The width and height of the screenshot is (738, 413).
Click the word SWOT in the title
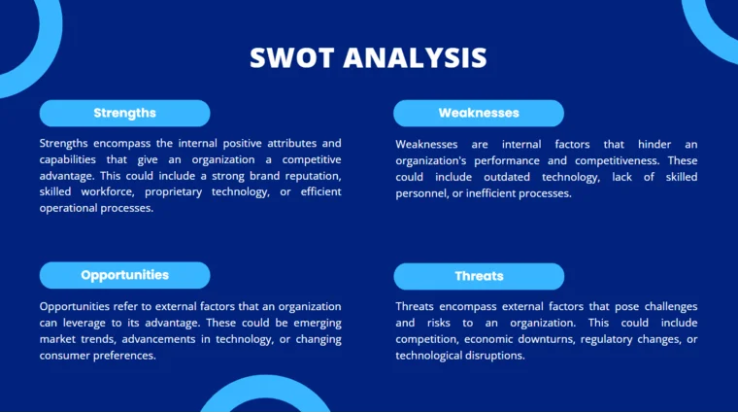click(x=288, y=58)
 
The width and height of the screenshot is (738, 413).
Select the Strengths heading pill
click(x=124, y=113)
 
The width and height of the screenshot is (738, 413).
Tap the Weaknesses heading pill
click(x=478, y=113)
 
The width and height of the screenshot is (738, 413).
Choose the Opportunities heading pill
click(x=124, y=275)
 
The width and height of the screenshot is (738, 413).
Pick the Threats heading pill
click(x=478, y=276)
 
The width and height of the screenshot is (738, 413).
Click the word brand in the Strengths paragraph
click(x=257, y=176)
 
